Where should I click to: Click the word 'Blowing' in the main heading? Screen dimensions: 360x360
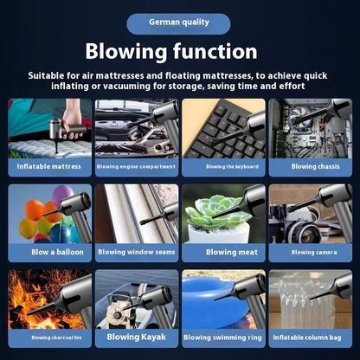[x=126, y=52]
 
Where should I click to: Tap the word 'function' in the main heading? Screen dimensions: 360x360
[x=215, y=51]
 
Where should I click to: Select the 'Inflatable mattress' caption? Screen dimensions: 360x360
[x=49, y=166]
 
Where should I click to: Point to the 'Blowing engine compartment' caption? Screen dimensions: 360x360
[x=136, y=166]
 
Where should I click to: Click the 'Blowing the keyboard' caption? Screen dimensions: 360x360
[x=232, y=166]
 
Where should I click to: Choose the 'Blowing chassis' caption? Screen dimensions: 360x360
[x=316, y=166]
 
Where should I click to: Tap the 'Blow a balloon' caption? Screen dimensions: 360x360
[x=57, y=252]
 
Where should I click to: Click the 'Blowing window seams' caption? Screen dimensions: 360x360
[x=137, y=252]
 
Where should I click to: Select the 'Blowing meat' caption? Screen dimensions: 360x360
[x=232, y=252]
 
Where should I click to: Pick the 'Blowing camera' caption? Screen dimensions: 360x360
[x=314, y=253]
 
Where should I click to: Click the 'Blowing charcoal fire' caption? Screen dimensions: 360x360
[x=56, y=337]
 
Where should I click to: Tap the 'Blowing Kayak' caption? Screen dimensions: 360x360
[x=137, y=337]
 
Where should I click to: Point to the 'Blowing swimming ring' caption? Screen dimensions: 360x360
[x=222, y=337]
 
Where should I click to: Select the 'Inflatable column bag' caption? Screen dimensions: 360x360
[x=307, y=337]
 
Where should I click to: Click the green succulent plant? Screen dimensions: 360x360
[x=214, y=212]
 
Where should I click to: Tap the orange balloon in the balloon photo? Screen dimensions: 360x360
[x=34, y=209]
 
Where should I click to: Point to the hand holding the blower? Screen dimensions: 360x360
[x=71, y=119]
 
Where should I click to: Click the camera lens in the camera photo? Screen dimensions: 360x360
[x=306, y=232]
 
